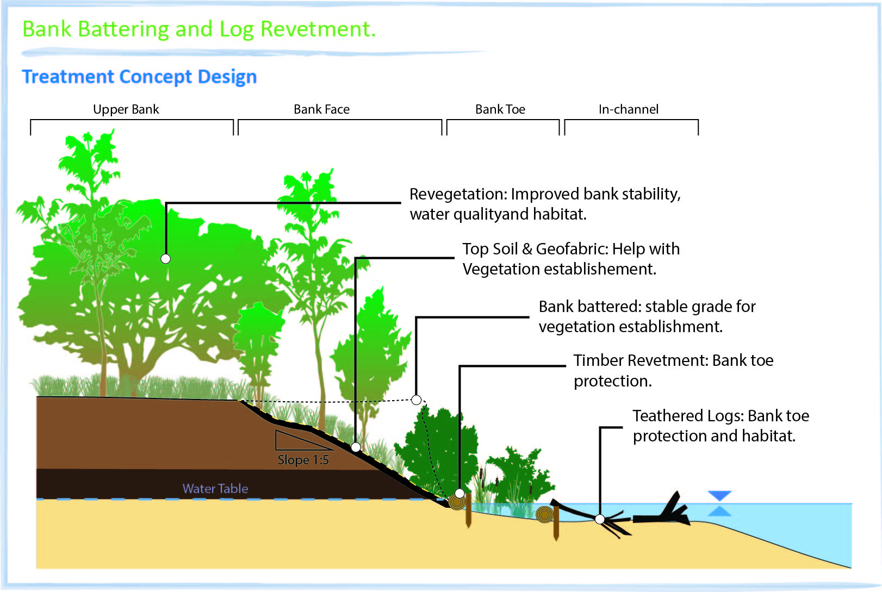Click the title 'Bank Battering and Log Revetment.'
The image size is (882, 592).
pos(199,29)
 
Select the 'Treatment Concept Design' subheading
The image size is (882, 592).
pos(139,77)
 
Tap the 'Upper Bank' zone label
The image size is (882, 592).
pos(126,109)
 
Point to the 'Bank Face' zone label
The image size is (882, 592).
pos(321,109)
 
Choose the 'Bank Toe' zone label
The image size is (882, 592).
pos(500,109)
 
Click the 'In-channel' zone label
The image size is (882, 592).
pos(629,109)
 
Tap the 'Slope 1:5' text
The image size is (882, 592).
pos(303,460)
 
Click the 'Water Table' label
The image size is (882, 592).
pos(215,489)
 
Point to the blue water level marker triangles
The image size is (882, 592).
pos(719,503)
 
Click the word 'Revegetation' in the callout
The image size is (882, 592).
pos(457,194)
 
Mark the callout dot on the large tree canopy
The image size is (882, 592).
pos(166,259)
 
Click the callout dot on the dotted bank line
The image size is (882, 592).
pos(417,400)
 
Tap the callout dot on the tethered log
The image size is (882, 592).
pos(600,519)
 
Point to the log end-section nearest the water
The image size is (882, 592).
pos(544,514)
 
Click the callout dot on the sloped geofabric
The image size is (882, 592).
pos(356,447)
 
